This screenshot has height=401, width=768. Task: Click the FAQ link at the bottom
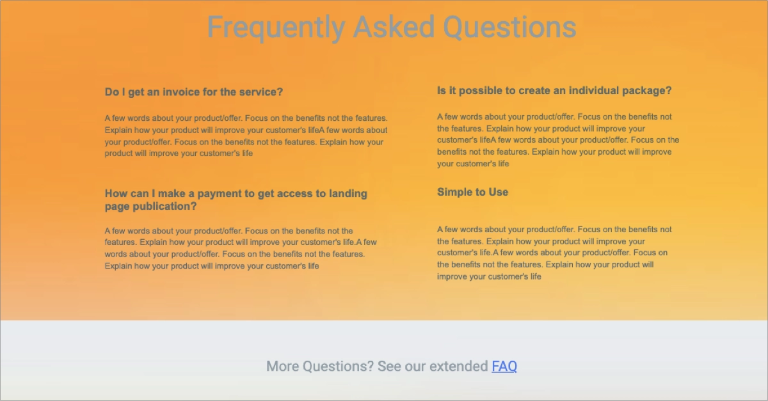pyautogui.click(x=504, y=366)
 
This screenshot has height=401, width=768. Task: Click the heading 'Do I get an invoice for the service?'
pyautogui.click(x=194, y=92)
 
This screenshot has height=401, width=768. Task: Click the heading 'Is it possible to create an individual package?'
pyautogui.click(x=554, y=91)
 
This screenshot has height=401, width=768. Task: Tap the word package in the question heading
pyautogui.click(x=648, y=91)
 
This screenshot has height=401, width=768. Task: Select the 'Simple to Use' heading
pyautogui.click(x=472, y=192)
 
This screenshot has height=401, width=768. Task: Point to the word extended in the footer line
pyautogui.click(x=458, y=366)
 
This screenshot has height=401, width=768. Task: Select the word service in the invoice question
pyautogui.click(x=260, y=92)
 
